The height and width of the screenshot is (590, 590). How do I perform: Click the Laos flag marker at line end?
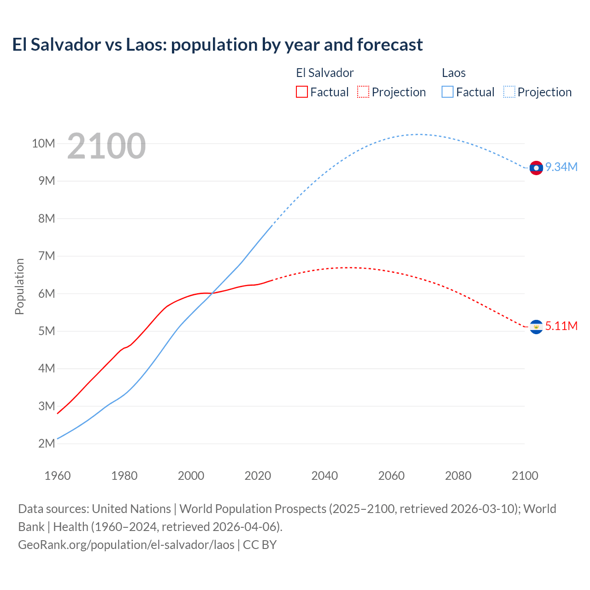536,168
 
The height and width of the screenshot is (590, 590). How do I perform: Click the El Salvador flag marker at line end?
536,327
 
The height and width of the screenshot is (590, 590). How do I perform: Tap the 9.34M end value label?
561,167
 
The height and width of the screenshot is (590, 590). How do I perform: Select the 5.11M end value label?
561,326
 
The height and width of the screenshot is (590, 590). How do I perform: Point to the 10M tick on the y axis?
43,143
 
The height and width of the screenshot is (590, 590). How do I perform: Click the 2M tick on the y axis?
47,443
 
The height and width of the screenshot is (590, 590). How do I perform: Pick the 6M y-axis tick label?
47,294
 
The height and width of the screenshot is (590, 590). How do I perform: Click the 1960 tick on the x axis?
58,476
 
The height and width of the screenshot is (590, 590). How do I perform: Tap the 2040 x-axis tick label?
324,476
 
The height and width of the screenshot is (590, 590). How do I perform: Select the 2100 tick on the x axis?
525,476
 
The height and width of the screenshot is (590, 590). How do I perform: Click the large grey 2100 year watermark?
106,146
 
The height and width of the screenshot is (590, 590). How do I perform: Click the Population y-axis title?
19,286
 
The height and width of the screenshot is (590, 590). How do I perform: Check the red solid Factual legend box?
301,92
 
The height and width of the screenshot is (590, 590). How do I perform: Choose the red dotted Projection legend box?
363,92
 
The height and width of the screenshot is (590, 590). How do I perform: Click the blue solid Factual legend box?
448,92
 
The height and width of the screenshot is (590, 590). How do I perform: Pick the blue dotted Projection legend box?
509,92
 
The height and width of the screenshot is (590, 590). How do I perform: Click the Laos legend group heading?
454,73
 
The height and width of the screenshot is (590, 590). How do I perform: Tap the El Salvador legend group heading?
324,73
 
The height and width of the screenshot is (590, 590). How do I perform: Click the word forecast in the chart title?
389,45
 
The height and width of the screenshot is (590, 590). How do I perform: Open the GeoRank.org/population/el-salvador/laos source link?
126,544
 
